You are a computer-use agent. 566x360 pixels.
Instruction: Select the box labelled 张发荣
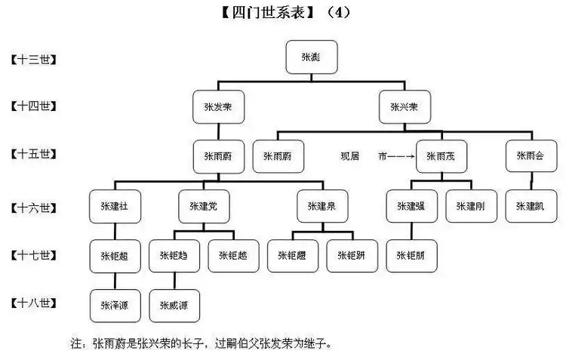click(217, 107)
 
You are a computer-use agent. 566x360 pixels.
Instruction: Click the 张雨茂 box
click(441, 156)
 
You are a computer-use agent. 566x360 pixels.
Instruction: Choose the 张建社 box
click(114, 206)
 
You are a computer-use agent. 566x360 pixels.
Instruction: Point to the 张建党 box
click(203, 206)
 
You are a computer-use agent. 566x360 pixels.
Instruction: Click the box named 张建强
click(411, 206)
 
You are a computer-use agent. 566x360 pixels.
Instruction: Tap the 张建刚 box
click(470, 206)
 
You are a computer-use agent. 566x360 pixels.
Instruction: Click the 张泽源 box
click(114, 305)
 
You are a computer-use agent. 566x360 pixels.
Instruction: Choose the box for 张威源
click(174, 305)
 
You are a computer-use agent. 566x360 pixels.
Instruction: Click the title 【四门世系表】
click(260, 13)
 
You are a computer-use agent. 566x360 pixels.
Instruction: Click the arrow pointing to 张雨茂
click(401, 157)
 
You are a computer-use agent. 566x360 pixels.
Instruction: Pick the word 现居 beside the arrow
click(349, 157)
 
